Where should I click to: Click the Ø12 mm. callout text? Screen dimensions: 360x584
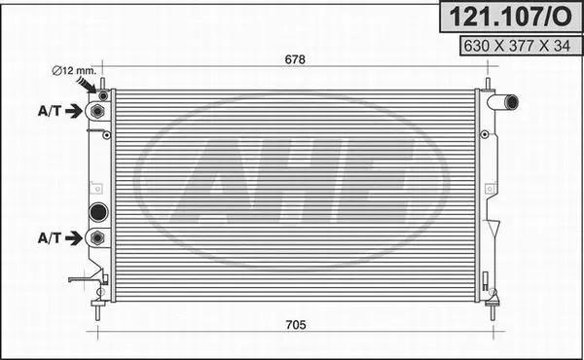click(72, 70)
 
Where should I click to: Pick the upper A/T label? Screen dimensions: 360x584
click(50, 111)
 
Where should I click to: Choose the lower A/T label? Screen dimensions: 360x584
click(50, 237)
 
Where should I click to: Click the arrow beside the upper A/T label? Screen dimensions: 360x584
click(74, 111)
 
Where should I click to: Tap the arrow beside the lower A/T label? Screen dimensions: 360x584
click(74, 237)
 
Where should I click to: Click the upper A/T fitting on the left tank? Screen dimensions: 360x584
click(96, 111)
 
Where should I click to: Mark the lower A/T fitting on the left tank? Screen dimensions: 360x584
click(96, 237)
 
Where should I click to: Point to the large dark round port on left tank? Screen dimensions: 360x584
click(97, 212)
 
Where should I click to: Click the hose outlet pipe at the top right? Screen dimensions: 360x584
click(505, 101)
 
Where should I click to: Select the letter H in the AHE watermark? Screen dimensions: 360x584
click(294, 180)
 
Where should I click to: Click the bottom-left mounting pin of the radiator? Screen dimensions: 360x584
click(97, 310)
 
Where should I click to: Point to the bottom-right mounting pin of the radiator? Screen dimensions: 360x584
click(493, 310)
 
